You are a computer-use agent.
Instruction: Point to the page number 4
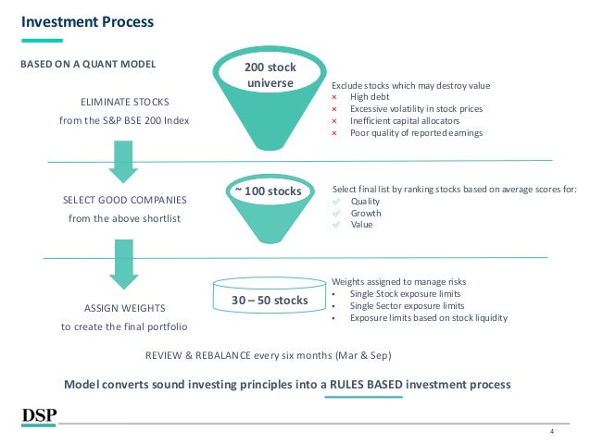coord(552,432)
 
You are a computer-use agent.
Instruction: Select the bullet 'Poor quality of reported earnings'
coord(416,132)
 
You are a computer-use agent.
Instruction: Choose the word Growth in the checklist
coord(367,213)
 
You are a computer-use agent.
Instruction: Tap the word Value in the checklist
coord(361,224)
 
